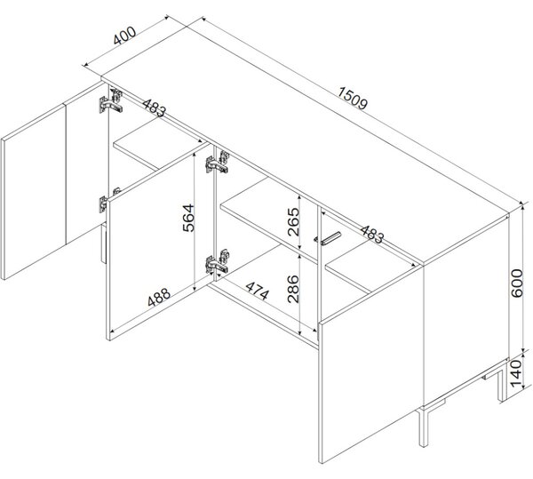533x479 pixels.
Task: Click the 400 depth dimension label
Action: (x=124, y=36)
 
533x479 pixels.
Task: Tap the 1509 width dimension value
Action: (x=353, y=99)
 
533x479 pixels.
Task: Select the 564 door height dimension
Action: (x=188, y=218)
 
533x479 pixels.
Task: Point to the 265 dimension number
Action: (x=293, y=221)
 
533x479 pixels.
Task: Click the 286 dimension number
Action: (x=292, y=289)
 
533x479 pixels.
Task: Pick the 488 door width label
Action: (x=159, y=297)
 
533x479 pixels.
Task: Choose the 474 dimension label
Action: (x=258, y=291)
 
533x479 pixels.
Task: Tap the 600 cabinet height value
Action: (x=517, y=283)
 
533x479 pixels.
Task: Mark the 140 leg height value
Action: (x=516, y=373)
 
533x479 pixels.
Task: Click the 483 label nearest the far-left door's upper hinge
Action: (x=155, y=108)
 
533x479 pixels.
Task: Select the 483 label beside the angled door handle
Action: (x=372, y=235)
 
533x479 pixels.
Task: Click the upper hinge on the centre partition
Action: (x=218, y=163)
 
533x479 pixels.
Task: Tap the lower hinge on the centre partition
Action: (x=218, y=261)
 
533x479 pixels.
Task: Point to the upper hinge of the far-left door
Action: (x=111, y=101)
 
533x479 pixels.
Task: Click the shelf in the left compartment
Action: (x=161, y=149)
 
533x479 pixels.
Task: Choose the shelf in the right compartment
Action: (x=371, y=273)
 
